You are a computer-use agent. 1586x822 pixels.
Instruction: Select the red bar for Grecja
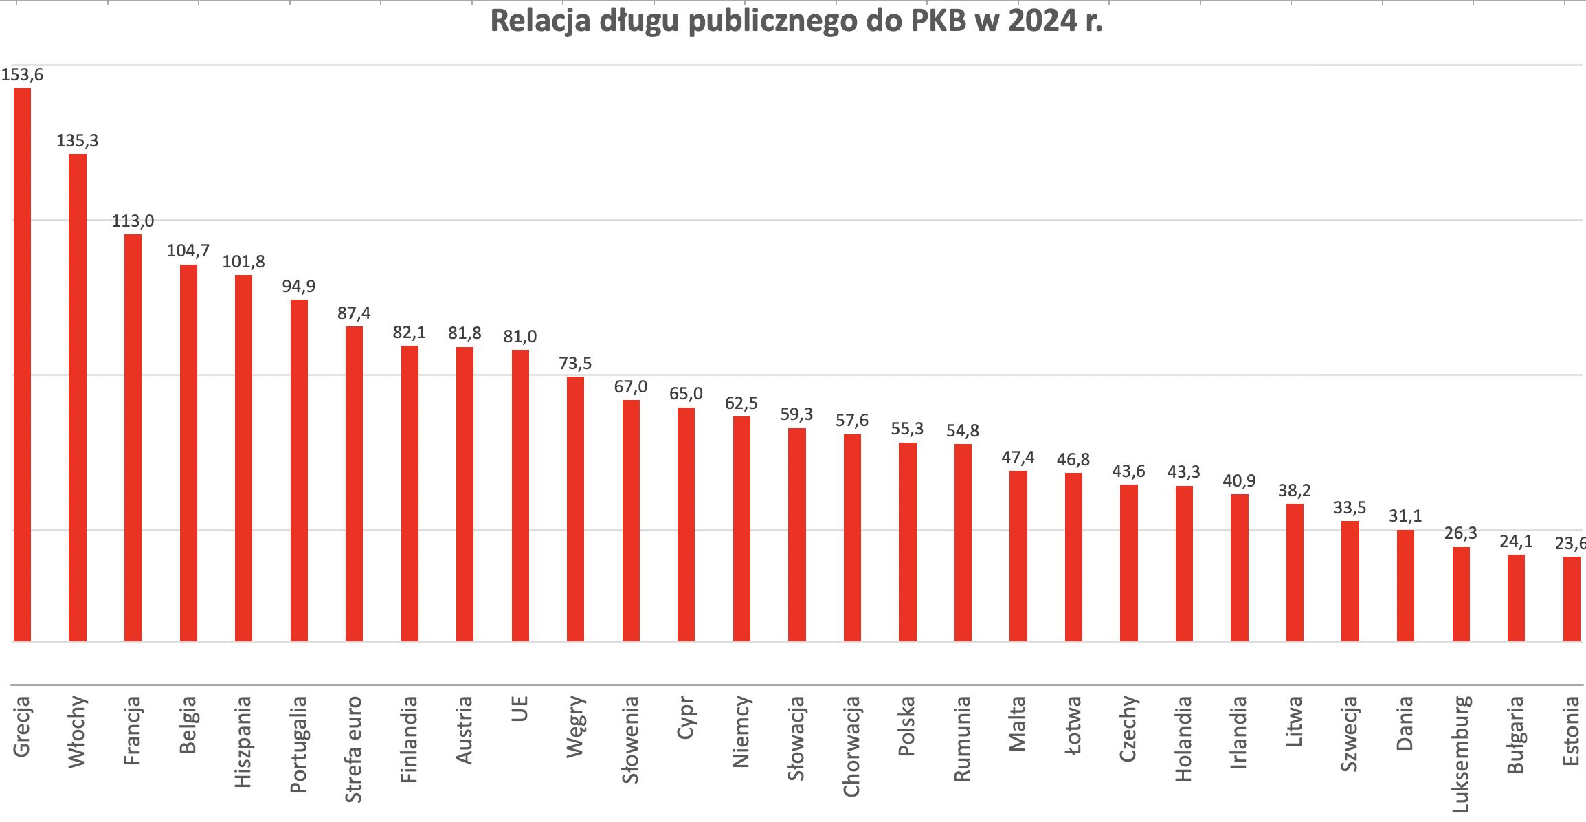23,364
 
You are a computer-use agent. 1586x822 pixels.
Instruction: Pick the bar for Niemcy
741,529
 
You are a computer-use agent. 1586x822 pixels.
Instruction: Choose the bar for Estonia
1572,599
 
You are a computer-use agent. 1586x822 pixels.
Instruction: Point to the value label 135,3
77,141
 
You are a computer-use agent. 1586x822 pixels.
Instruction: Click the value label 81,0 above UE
520,337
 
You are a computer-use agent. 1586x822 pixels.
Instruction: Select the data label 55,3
907,429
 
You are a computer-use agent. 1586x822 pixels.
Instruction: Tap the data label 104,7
188,251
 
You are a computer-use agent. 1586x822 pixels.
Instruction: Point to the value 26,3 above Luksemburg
1460,533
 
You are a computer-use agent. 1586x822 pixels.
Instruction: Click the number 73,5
575,364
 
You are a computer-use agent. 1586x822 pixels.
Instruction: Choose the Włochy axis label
77,731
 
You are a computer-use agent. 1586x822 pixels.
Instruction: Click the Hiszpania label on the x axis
243,742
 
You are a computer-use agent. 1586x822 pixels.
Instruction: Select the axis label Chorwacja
851,746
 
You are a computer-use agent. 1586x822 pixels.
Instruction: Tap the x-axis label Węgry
575,726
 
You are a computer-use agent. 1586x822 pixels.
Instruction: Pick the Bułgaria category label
1515,735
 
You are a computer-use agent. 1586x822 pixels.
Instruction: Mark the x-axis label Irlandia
1239,731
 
